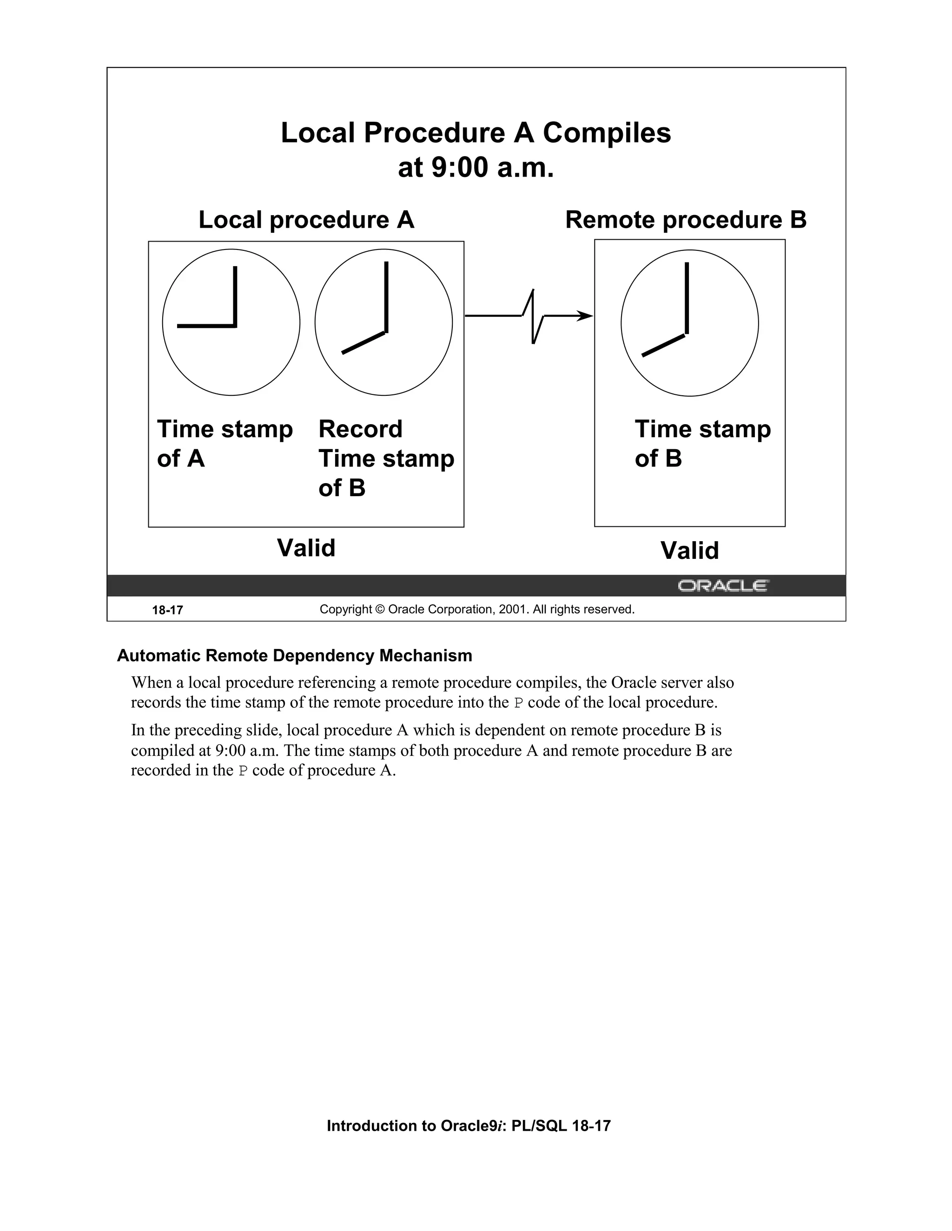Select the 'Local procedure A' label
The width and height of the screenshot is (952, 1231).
[306, 220]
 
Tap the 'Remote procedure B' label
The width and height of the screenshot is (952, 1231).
[685, 220]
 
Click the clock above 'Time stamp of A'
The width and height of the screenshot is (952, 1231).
[231, 322]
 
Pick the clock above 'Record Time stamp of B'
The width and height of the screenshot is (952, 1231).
[383, 322]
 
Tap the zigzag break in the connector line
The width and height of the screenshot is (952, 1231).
[534, 316]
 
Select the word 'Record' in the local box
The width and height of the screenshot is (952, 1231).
[360, 430]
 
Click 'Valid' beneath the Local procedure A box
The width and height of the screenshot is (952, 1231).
[306, 548]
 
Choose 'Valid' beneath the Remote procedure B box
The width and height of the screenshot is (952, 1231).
[689, 550]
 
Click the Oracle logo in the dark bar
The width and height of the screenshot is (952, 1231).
[722, 586]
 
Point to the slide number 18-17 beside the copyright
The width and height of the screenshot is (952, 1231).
[167, 610]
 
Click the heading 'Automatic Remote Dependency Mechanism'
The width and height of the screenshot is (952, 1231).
[294, 655]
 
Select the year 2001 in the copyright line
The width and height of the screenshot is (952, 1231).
[511, 609]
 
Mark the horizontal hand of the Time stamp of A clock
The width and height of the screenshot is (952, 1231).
[206, 326]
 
